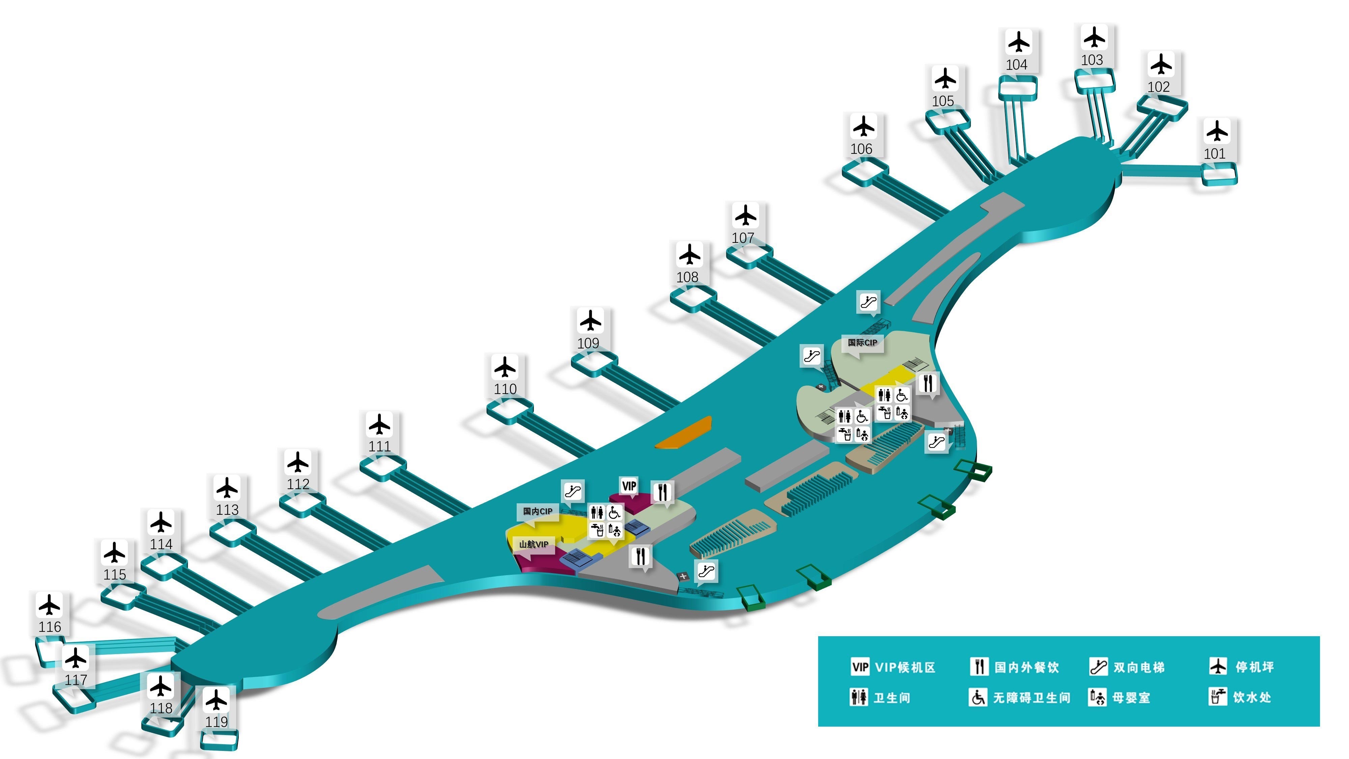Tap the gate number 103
(x=1092, y=60)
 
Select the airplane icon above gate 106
(x=864, y=127)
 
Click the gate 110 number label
(x=505, y=389)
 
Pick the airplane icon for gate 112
(x=298, y=462)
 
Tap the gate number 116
(x=50, y=627)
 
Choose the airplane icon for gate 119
(x=216, y=700)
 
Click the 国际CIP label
(x=862, y=343)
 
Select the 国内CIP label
(x=537, y=511)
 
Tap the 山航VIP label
(x=534, y=544)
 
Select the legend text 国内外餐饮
(x=1026, y=667)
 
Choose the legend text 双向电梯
(x=1139, y=667)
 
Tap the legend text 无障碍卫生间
(x=1032, y=698)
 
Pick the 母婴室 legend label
(x=1131, y=698)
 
